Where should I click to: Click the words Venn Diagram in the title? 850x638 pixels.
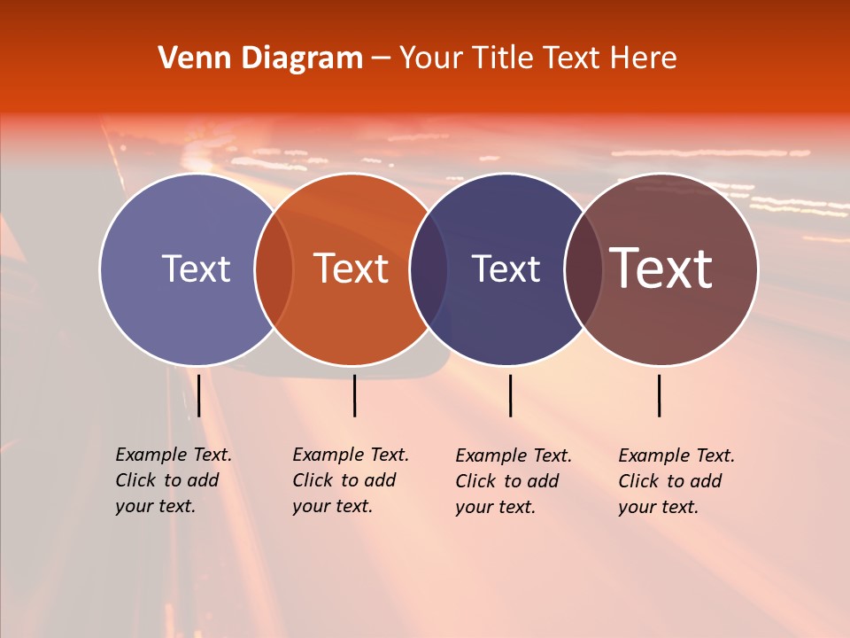pos(260,58)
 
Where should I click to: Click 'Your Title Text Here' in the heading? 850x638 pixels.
pos(537,58)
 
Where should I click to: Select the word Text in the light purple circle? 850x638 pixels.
pos(196,268)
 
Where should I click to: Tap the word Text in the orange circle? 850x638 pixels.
pos(352,268)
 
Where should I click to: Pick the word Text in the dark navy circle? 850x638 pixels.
pos(506,268)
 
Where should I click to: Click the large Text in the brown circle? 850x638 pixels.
pos(661,268)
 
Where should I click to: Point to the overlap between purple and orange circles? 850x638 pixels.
pos(274,269)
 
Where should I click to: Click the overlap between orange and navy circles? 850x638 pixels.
pos(429,269)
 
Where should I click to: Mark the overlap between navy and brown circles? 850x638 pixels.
pos(583,269)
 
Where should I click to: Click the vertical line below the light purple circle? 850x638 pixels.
pos(198,395)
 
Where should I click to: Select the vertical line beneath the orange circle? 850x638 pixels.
pos(354,395)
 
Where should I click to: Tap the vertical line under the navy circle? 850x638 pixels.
pos(510,395)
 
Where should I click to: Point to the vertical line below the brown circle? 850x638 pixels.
pos(659,395)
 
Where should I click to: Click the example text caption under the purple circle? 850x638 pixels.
pos(174,480)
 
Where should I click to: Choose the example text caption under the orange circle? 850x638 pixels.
pos(351,480)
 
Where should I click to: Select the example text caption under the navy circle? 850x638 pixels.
pos(514,481)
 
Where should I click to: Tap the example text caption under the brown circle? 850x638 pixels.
pos(676,481)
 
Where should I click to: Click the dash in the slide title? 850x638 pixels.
pos(381,59)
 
